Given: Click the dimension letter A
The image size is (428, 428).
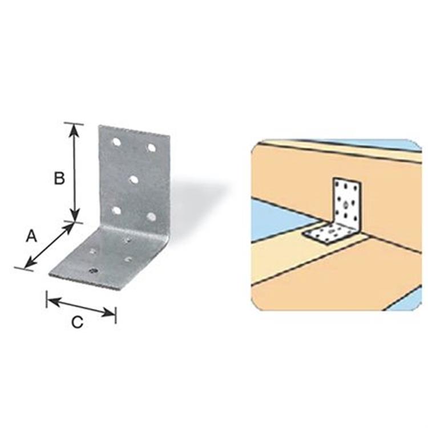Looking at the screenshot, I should [31, 235].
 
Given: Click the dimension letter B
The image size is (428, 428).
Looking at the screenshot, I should [59, 179].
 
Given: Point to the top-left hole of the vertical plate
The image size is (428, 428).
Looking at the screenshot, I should [116, 142].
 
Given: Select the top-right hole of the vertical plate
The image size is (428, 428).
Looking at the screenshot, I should [151, 148].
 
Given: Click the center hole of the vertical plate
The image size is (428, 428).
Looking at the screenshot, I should [134, 180].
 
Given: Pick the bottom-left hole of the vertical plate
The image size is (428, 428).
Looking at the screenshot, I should [116, 211].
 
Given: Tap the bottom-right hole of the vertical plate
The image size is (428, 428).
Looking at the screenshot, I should [151, 217].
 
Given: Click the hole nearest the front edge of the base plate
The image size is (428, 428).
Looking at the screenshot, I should [94, 271].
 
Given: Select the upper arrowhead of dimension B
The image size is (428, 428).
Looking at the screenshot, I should [74, 128].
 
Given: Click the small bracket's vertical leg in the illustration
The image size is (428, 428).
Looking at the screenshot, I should [346, 200].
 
